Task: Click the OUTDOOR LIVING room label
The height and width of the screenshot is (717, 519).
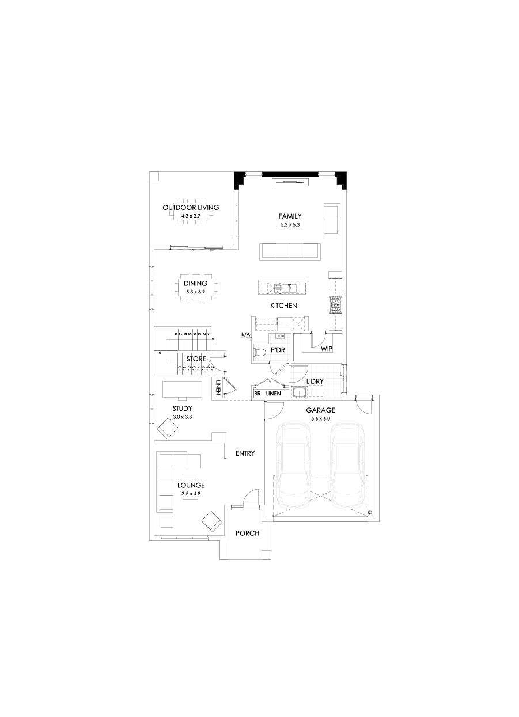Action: point(191,208)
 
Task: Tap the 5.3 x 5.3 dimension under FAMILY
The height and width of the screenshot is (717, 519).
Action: point(290,224)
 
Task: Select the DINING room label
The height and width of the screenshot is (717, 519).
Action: point(195,284)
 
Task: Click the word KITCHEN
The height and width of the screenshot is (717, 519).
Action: point(283,306)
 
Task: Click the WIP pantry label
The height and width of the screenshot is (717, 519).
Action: point(327,349)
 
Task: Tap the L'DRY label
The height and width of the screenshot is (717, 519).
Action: point(314,381)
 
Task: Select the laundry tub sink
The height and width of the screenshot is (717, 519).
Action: point(299,392)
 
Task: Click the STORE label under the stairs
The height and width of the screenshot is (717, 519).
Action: point(196,358)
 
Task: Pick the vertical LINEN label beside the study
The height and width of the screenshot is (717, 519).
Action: point(218,388)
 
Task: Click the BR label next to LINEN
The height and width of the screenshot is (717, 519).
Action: point(257,394)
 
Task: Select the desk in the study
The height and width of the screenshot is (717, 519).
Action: point(182,390)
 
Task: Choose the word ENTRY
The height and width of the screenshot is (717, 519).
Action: point(245,453)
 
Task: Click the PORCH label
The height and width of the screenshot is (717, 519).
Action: point(248,533)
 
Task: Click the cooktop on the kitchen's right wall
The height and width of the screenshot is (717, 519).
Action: point(335,304)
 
